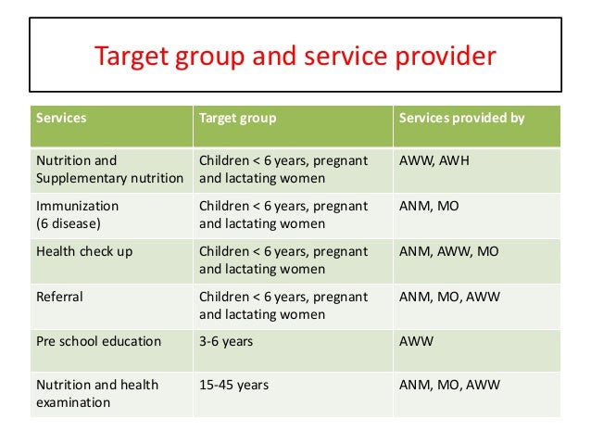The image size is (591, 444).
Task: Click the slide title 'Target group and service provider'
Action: click(295, 57)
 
